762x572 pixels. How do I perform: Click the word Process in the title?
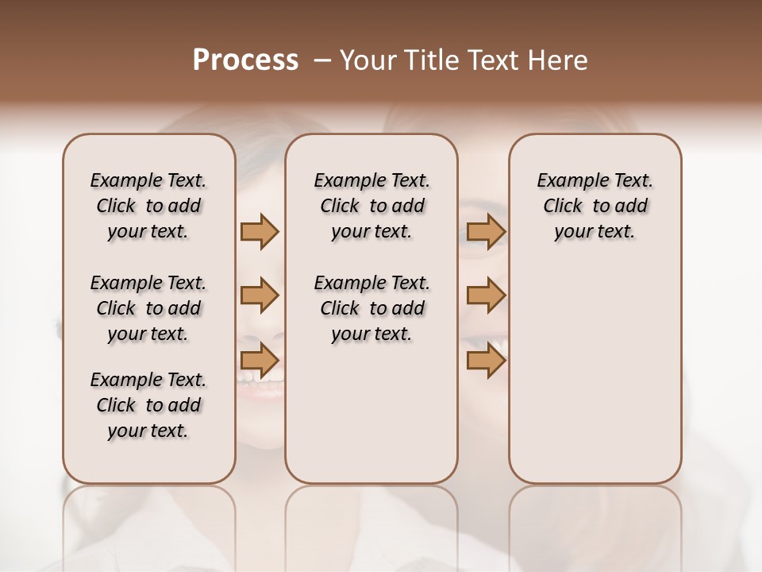(245, 60)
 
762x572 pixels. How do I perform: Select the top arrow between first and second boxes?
(260, 232)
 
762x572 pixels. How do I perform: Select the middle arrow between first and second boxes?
(260, 296)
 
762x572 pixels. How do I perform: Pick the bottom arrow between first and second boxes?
(260, 360)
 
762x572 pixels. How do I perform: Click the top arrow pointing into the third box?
(486, 232)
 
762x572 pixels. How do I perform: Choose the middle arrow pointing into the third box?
(486, 296)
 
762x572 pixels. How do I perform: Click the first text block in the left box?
(148, 206)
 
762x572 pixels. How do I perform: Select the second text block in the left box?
(148, 308)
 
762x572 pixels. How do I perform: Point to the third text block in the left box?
(148, 405)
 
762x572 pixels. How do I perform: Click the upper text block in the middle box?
(371, 206)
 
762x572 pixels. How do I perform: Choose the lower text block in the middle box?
(371, 308)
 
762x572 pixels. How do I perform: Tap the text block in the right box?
(595, 206)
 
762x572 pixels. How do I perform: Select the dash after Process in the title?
(322, 60)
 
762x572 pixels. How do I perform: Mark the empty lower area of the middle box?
(371, 413)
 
